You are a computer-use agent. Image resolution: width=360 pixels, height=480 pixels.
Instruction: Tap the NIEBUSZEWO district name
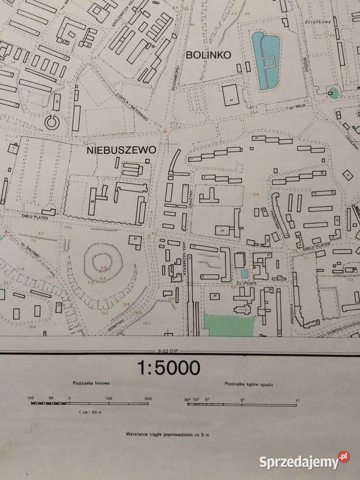(122, 150)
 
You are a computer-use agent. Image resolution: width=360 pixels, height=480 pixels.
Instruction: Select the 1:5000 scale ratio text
(169, 367)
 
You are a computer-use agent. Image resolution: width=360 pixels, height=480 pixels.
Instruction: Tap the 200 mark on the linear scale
(148, 398)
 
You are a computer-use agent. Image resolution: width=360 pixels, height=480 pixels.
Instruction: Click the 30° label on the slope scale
(188, 399)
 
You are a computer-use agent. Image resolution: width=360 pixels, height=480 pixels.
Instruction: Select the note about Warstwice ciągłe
(167, 435)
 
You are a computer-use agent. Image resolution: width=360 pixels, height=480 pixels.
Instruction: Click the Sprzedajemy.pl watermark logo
(304, 461)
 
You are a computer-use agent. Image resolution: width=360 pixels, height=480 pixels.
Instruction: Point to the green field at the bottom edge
(230, 325)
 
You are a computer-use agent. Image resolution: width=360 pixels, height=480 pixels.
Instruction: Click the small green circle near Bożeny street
(334, 93)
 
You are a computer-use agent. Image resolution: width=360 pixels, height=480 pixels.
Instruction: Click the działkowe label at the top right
(308, 22)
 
